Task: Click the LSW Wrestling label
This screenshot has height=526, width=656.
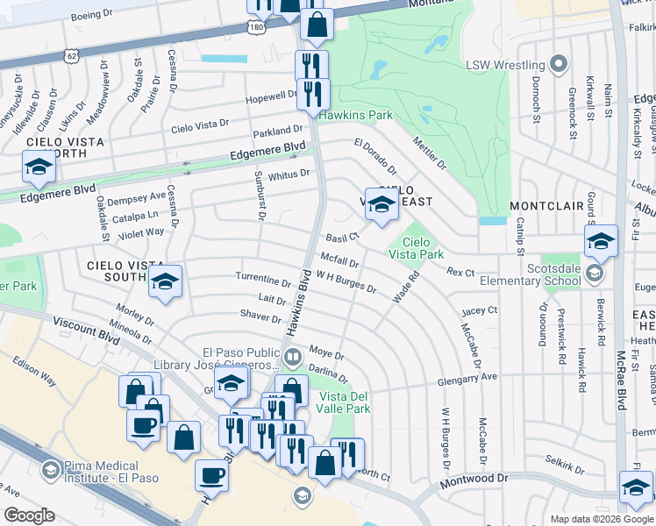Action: point(507,64)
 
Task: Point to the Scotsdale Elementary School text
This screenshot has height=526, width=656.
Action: point(537,274)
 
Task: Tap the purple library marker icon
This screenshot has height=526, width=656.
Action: point(293,356)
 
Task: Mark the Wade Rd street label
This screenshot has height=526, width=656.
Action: point(406,287)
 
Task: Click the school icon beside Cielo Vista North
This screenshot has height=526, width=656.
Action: point(39,167)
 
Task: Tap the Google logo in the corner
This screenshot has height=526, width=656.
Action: point(29,515)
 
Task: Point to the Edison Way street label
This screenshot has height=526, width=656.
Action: point(36,371)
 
